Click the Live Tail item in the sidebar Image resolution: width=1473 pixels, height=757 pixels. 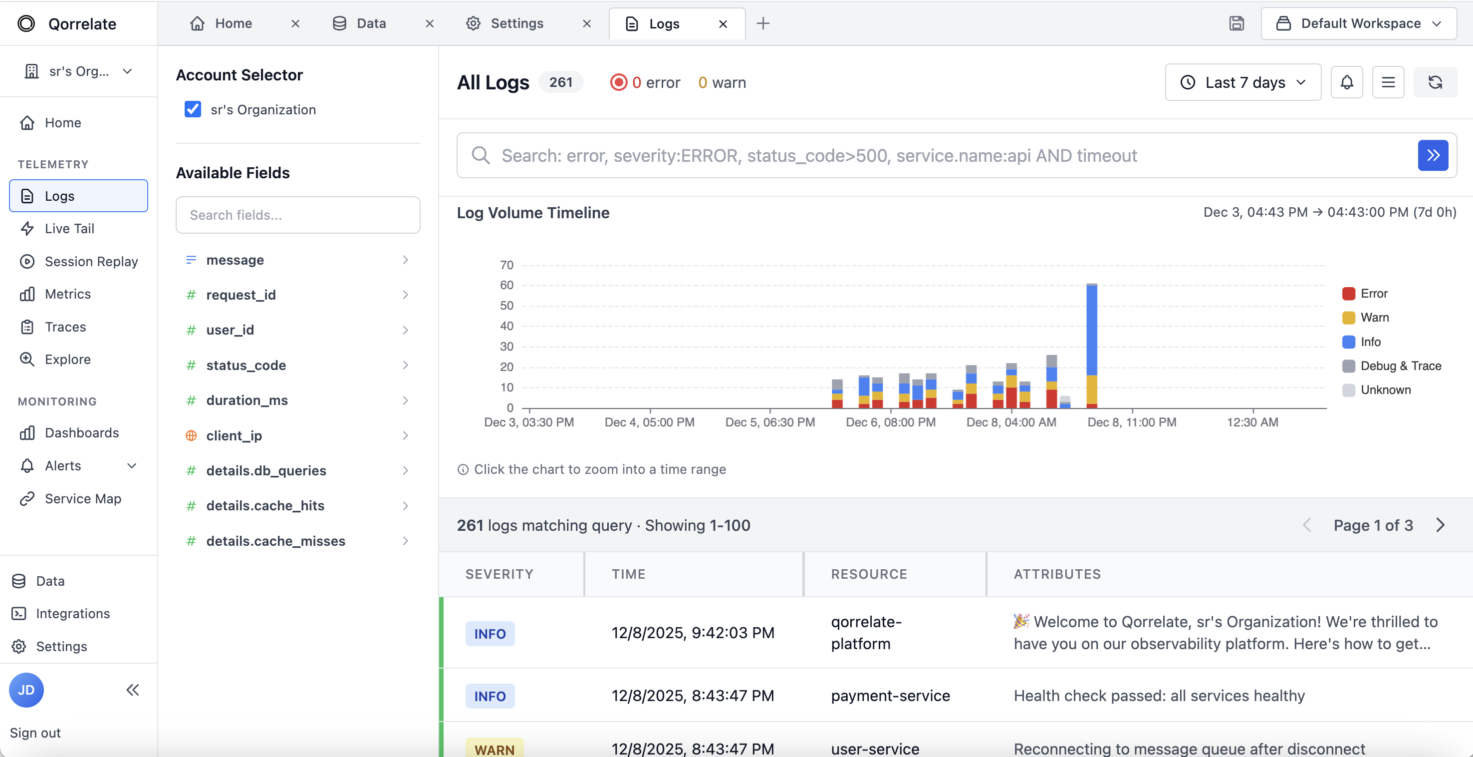(69, 229)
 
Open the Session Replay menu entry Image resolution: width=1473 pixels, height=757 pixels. (91, 262)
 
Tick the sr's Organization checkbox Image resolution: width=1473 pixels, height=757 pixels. (193, 109)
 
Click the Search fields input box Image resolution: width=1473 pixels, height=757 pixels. (297, 215)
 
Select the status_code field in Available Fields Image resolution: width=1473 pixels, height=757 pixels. (246, 365)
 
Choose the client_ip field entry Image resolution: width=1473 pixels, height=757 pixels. (234, 435)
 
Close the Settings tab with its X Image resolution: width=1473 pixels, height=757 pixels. (587, 23)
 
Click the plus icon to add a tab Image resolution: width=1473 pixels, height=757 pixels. (763, 23)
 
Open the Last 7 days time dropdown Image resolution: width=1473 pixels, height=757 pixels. (1242, 82)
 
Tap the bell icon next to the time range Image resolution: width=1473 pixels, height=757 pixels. (1347, 82)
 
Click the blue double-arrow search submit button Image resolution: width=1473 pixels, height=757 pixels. (1433, 155)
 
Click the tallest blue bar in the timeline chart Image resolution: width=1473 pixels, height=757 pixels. (1092, 330)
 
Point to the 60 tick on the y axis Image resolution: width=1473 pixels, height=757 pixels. (506, 285)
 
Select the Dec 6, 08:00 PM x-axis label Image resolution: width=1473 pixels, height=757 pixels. (890, 422)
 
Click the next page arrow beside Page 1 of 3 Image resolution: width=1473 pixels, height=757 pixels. (1441, 525)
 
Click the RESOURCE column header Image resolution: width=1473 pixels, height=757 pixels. (869, 574)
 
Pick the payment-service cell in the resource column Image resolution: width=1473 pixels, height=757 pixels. (890, 696)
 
